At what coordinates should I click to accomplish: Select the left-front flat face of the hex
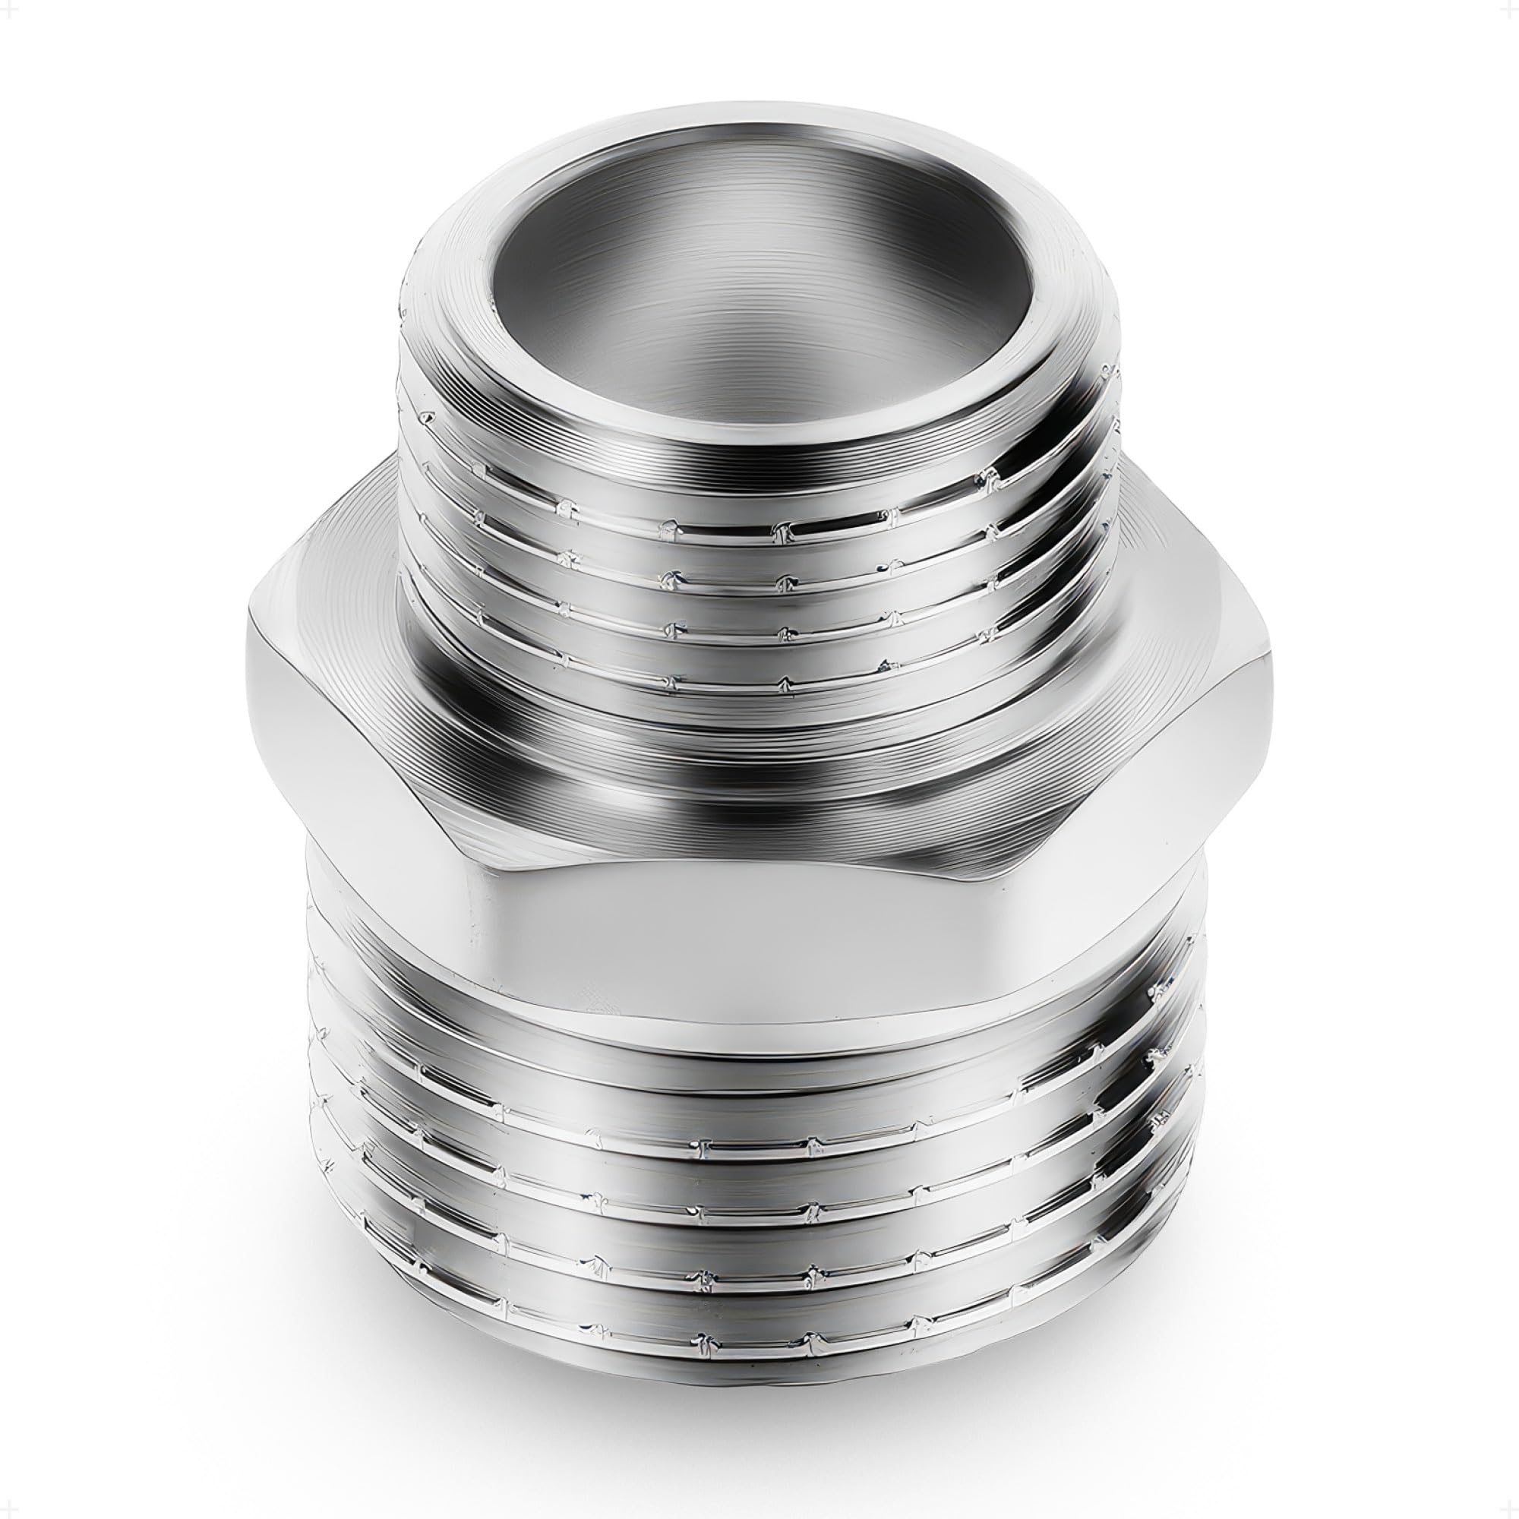point(370,755)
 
